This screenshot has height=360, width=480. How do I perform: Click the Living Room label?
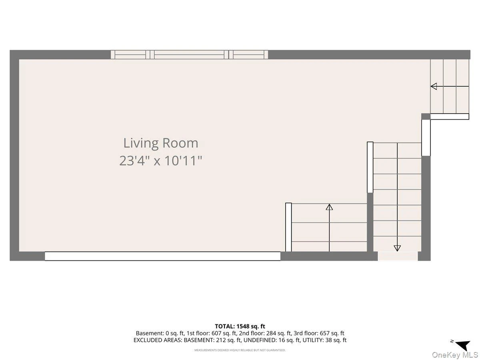161,143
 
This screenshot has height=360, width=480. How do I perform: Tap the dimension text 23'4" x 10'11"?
161,161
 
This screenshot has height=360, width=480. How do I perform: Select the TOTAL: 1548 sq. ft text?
240,326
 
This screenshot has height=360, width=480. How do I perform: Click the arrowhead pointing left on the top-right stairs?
434,86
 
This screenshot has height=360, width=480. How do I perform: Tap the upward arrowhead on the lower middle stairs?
329,207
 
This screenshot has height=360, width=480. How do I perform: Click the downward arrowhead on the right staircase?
397,248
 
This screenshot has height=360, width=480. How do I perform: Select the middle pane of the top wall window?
189,55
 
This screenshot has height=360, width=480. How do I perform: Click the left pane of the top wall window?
130,55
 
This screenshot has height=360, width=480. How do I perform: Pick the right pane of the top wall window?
248,55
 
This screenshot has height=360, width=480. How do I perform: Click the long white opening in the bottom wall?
162,256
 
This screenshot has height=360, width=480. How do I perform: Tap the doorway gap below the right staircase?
398,256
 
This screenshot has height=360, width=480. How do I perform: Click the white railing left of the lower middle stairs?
288,227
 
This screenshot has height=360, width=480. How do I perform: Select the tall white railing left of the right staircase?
370,167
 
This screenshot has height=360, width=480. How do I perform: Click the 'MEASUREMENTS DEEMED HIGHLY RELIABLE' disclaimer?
240,350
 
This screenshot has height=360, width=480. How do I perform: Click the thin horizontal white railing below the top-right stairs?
450,116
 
